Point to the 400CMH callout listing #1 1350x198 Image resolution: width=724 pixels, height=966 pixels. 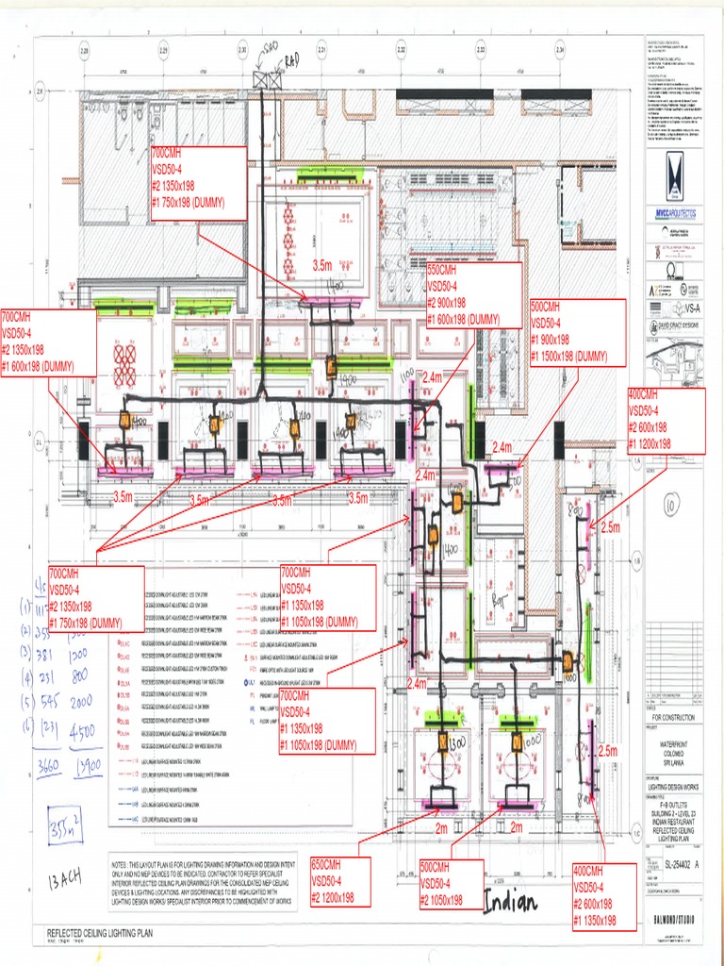(607, 895)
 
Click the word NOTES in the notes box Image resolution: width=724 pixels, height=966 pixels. (127, 864)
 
